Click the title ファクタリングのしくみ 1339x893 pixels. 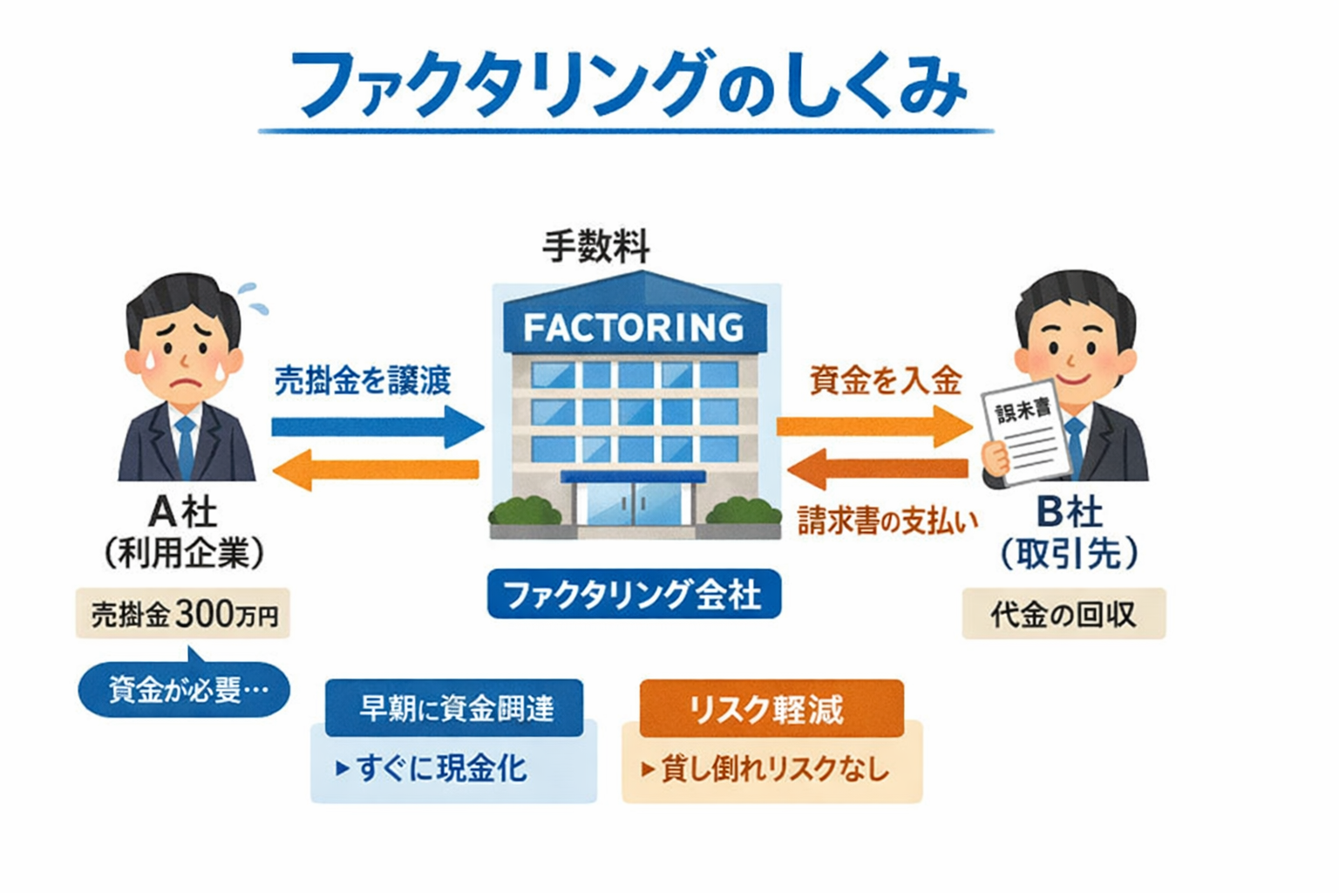(628, 85)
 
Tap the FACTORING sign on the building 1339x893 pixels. (634, 328)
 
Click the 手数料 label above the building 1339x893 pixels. (596, 247)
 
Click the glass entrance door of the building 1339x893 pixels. (634, 506)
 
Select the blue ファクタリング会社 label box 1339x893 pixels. (634, 595)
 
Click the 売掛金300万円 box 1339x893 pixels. (183, 614)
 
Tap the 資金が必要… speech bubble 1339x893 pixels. (184, 690)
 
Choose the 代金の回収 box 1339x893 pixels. (1064, 614)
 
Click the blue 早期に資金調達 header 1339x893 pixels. (454, 708)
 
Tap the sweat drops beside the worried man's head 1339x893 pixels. (254, 297)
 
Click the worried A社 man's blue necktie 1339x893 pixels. (185, 446)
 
